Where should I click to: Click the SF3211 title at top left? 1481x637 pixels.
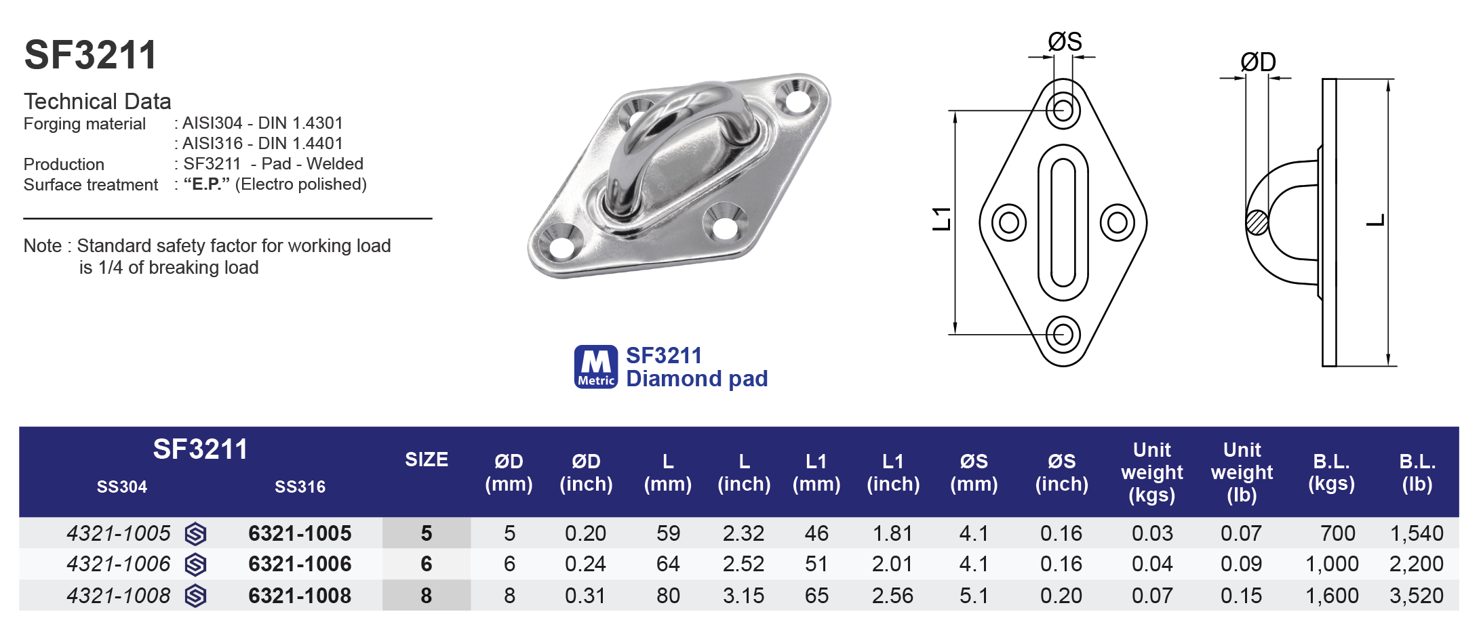click(90, 55)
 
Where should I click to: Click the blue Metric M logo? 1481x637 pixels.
click(595, 367)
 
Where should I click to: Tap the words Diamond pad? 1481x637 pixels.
click(696, 379)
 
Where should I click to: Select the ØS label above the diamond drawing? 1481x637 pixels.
click(1064, 42)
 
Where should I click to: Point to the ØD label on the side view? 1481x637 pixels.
click(1257, 62)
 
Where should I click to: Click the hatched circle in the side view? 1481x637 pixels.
click(1257, 222)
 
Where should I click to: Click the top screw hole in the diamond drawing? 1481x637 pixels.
click(1063, 110)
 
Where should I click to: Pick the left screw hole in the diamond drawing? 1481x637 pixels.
click(1008, 222)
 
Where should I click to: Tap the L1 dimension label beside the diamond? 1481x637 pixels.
click(942, 219)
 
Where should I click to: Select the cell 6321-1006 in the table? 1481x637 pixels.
click(300, 564)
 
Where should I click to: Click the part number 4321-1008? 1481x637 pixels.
click(119, 596)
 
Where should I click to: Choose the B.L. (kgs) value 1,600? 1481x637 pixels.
click(1331, 596)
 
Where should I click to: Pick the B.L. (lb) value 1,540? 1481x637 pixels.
click(1416, 534)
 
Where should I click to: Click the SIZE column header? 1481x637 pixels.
click(426, 460)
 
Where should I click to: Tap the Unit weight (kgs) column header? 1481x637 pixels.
click(1151, 472)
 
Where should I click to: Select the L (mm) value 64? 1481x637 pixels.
click(667, 564)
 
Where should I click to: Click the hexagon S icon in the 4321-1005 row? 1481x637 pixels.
click(195, 534)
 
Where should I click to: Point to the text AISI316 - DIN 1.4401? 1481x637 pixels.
click(262, 144)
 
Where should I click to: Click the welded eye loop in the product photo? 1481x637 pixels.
click(671, 129)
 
